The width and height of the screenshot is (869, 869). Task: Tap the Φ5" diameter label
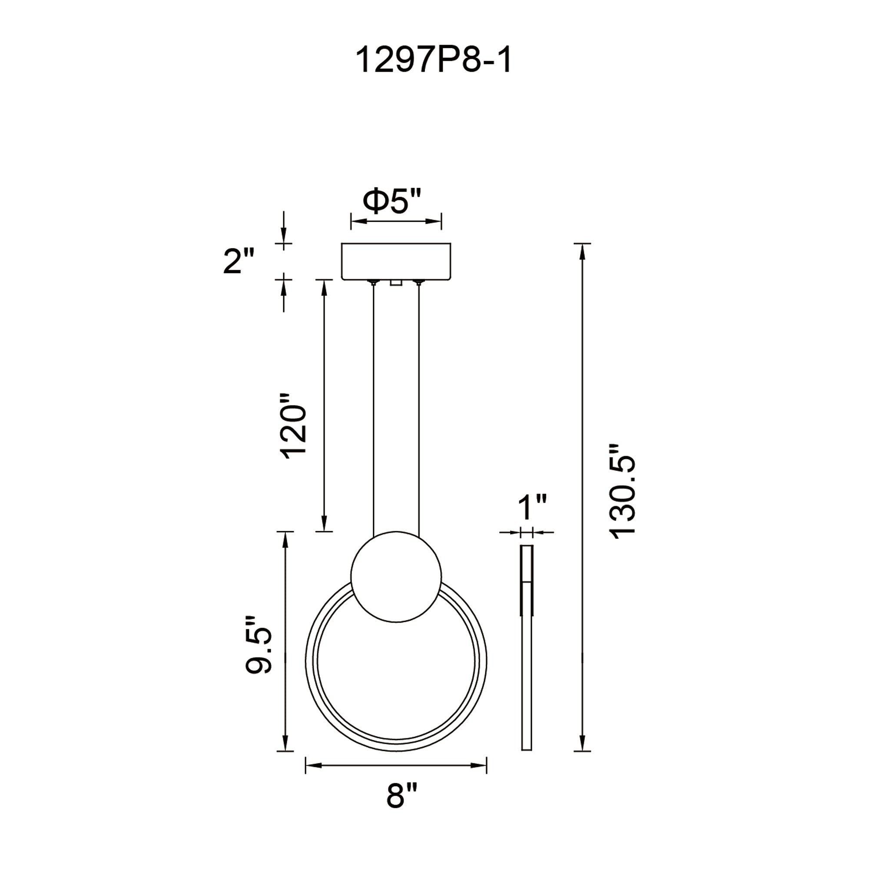pos(392,202)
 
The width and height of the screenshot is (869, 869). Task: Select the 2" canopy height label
pos(239,261)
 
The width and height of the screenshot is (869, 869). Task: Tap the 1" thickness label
pos(532,507)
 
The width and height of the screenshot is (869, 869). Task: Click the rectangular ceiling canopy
pos(396,261)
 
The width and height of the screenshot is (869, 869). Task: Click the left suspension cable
pos(373,405)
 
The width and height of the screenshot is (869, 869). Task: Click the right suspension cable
pos(419,405)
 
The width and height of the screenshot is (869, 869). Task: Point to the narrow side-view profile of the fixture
pos(527,675)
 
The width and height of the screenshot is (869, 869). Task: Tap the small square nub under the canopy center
pos(396,282)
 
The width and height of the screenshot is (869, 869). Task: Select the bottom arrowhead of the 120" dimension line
pos(324,524)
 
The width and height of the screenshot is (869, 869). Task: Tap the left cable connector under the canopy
pos(373,282)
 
